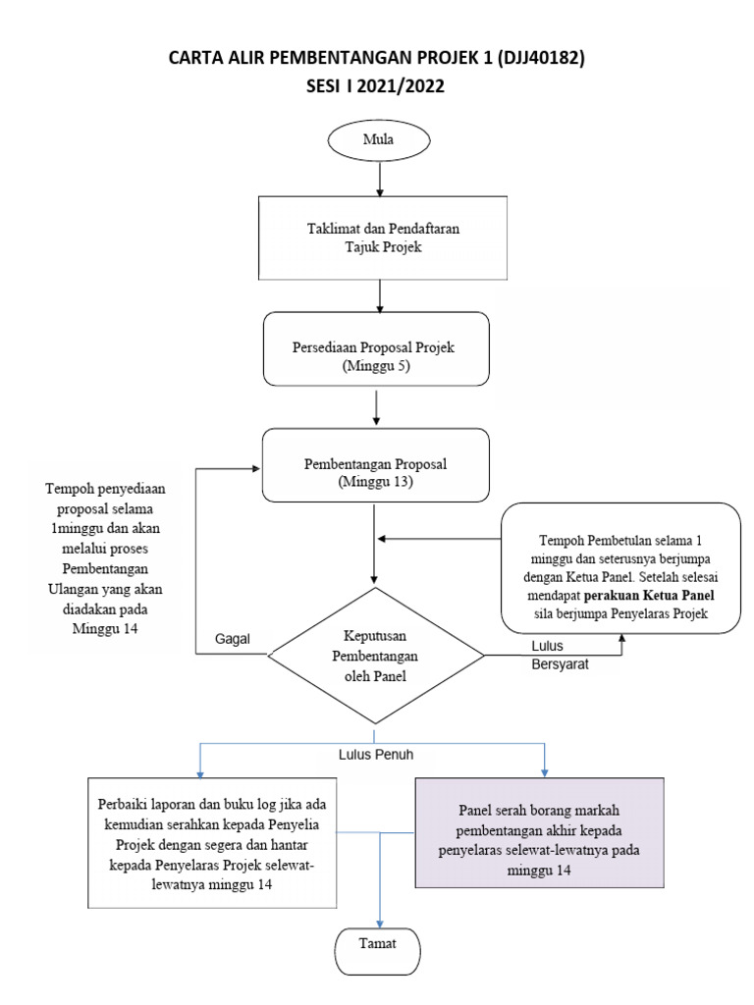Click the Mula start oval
click(x=378, y=139)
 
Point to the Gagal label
click(x=233, y=638)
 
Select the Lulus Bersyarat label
click(x=559, y=655)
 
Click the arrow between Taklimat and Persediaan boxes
click(x=379, y=294)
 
